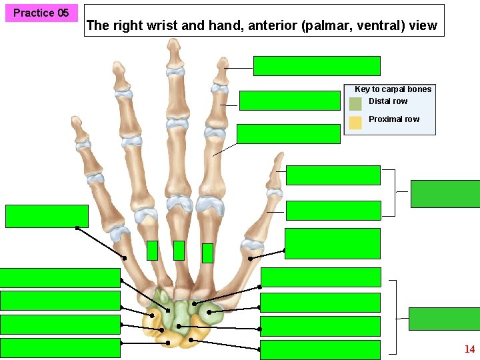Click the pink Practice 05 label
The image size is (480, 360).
41,13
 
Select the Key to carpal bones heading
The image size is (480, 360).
393,89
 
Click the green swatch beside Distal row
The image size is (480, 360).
355,103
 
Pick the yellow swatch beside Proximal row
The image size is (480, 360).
355,122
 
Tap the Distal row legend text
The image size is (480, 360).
388,101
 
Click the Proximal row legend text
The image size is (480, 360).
394,119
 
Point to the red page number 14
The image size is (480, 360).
469,349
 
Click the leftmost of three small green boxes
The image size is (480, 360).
152,250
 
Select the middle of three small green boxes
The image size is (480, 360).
179,250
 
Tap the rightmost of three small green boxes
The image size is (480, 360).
207,253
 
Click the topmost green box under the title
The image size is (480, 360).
317,66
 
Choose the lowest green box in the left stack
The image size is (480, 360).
60,348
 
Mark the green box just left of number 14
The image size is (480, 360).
444,319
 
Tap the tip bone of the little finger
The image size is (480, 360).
81,129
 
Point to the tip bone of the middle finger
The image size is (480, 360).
174,53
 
